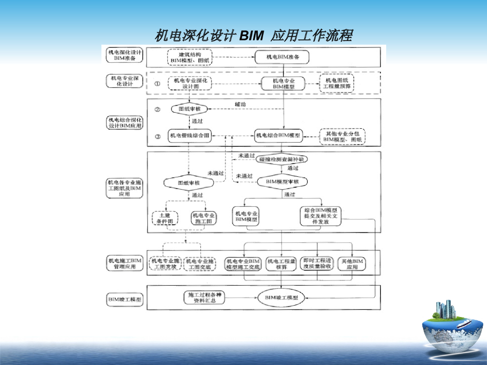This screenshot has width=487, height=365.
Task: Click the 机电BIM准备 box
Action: tap(283, 57)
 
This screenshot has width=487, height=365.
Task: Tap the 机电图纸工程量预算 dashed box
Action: tap(337, 83)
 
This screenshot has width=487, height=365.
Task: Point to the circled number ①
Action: tap(157, 83)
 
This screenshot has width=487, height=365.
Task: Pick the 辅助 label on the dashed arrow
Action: tap(240, 104)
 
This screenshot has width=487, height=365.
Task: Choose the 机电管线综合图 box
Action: tap(188, 136)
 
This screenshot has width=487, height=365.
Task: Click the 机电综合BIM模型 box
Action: tap(278, 136)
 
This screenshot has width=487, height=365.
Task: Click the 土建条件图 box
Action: tap(165, 218)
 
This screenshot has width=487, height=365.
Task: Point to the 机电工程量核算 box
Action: tap(282, 264)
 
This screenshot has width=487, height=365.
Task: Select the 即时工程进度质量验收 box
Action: tap(317, 264)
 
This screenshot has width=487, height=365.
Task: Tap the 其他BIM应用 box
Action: tap(352, 264)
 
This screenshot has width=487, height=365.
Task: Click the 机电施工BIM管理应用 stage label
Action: tap(124, 263)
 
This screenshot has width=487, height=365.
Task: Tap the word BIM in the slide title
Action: tap(252, 36)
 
